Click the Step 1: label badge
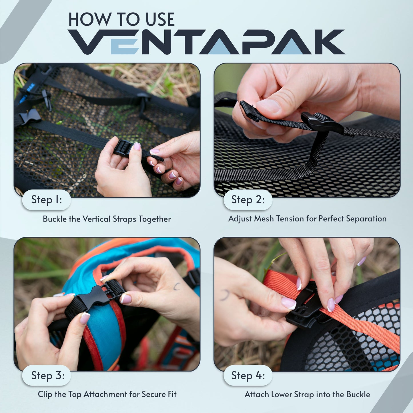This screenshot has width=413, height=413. click(x=47, y=200)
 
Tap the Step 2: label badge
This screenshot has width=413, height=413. click(x=248, y=200)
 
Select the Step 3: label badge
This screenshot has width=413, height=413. click(x=47, y=376)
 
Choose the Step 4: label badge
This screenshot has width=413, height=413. click(x=248, y=376)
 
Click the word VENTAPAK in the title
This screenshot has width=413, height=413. click(x=206, y=42)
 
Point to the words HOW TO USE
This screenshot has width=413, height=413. click(x=121, y=19)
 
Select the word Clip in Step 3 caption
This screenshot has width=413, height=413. click(x=45, y=394)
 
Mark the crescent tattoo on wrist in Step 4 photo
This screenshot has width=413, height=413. click(x=225, y=295)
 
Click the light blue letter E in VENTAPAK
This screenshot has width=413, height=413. click(x=125, y=42)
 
